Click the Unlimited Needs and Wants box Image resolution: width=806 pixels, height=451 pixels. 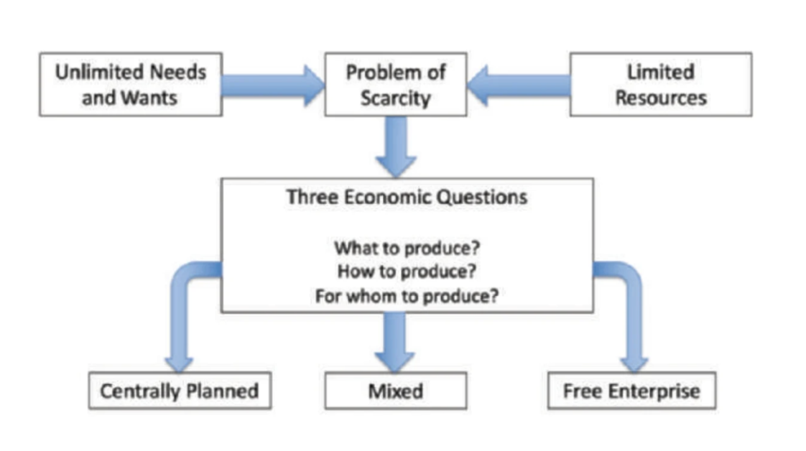pyautogui.click(x=130, y=84)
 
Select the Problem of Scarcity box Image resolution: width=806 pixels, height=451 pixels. pyautogui.click(x=395, y=84)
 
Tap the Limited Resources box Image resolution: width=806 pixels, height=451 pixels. pyautogui.click(x=660, y=84)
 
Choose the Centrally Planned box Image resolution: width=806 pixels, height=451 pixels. pyautogui.click(x=180, y=391)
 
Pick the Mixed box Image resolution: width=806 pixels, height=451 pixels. pyautogui.click(x=395, y=391)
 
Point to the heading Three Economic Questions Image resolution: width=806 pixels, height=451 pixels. pyautogui.click(x=407, y=197)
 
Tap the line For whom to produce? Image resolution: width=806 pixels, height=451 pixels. pyautogui.click(x=407, y=296)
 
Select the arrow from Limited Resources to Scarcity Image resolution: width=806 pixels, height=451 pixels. pyautogui.click(x=519, y=85)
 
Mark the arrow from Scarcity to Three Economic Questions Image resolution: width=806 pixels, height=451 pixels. pyautogui.click(x=396, y=145)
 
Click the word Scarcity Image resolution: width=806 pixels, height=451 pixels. pyautogui.click(x=395, y=97)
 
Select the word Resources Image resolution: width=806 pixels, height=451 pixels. pyautogui.click(x=660, y=97)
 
